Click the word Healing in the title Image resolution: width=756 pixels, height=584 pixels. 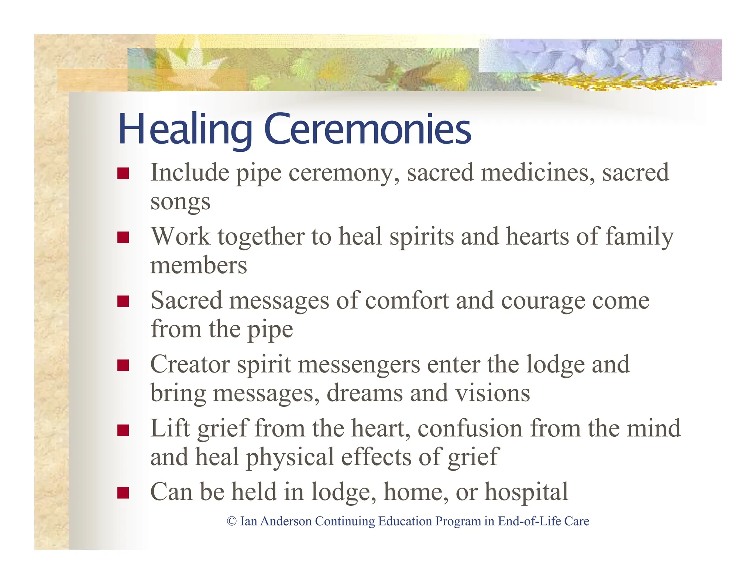pyautogui.click(x=185, y=129)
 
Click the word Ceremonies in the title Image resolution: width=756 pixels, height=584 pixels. pyautogui.click(x=367, y=129)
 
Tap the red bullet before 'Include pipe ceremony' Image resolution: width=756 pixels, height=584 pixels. pyautogui.click(x=123, y=174)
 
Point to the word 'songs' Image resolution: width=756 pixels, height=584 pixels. pyautogui.click(x=180, y=202)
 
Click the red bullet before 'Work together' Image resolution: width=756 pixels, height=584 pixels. pyautogui.click(x=123, y=237)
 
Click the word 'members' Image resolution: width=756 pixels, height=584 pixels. pyautogui.click(x=199, y=265)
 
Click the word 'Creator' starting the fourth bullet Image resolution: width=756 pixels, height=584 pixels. pyautogui.click(x=190, y=364)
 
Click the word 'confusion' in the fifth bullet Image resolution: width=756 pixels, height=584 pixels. pyautogui.click(x=470, y=428)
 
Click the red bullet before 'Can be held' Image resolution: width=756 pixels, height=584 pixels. pyautogui.click(x=123, y=493)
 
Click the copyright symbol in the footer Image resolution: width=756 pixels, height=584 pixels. pyautogui.click(x=231, y=521)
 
